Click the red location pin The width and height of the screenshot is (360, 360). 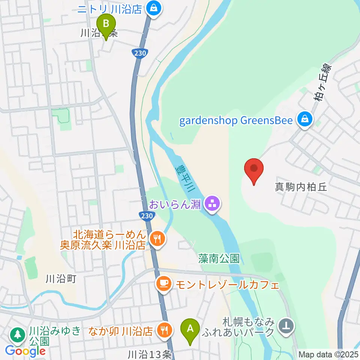point(254,169)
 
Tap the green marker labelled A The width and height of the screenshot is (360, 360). point(190,329)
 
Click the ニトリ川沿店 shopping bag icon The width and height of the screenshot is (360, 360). point(153,7)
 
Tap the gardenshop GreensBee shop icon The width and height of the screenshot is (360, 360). point(304,120)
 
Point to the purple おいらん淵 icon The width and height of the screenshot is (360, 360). point(213,204)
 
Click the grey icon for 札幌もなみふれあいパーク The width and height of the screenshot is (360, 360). point(286,326)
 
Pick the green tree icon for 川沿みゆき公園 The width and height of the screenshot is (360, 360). point(17,334)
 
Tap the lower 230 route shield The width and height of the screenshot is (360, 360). point(148,216)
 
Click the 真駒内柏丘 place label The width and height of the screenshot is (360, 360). point(301,187)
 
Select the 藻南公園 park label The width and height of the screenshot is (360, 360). point(219,258)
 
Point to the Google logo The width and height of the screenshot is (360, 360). point(25,351)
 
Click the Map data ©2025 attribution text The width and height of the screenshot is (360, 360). point(328,354)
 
